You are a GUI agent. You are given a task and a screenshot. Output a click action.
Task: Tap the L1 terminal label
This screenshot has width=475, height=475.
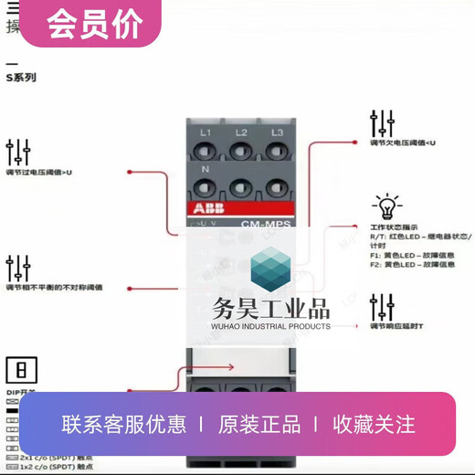click(206, 133)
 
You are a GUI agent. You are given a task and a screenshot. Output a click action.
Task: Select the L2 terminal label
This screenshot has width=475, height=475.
click(240, 133)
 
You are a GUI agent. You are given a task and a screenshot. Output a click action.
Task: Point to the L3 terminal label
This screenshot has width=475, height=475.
click(276, 133)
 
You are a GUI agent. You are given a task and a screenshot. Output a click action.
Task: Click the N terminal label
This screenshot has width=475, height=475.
click(206, 169)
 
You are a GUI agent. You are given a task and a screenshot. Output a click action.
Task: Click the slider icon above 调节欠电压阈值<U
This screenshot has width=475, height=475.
click(382, 123)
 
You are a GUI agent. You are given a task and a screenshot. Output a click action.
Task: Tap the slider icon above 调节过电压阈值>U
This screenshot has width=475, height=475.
click(18, 152)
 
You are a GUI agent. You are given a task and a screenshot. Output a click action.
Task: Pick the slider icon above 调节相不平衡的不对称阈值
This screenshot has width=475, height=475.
click(18, 268)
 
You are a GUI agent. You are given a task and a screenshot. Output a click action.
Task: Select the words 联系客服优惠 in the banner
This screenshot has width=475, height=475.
click(124, 424)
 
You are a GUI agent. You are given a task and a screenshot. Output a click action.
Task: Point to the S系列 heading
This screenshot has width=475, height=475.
click(22, 79)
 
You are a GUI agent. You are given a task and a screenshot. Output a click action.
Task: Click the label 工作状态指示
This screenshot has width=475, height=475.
click(394, 225)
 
